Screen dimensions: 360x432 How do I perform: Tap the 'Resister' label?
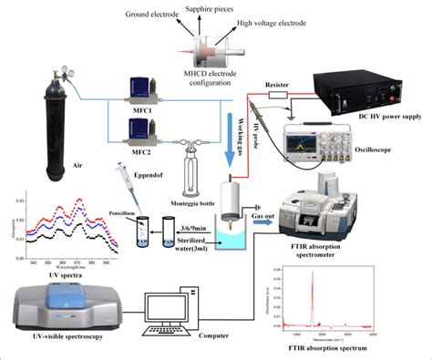click(277, 82)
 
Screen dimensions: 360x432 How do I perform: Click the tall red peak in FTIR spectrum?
click(313, 287)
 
